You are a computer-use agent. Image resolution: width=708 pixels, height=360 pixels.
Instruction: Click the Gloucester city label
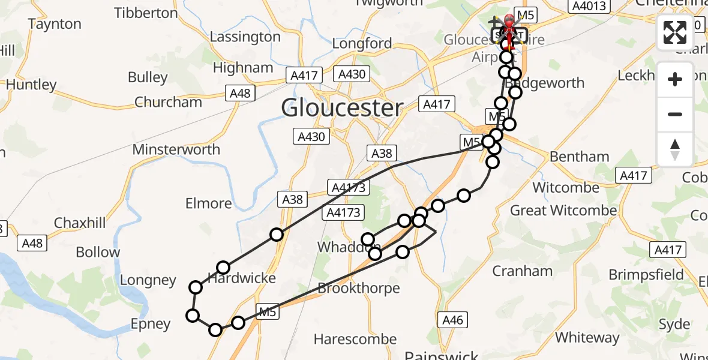click(x=342, y=108)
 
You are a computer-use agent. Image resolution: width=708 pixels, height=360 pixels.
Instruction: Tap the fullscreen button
click(x=675, y=32)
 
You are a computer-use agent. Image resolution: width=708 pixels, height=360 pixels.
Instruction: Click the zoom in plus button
click(x=675, y=79)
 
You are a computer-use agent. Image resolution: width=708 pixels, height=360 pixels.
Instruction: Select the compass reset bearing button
click(x=675, y=149)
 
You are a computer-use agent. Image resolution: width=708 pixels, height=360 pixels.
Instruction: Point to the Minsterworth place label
click(x=176, y=149)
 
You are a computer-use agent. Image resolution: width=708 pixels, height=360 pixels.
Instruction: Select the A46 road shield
click(x=452, y=320)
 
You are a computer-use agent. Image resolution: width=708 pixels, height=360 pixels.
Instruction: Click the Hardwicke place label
click(x=242, y=278)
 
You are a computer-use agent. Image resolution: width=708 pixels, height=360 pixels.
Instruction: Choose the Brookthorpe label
click(x=358, y=288)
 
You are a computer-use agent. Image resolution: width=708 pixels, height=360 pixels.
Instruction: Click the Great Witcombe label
click(x=563, y=211)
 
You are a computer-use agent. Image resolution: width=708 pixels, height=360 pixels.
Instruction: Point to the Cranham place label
click(x=522, y=271)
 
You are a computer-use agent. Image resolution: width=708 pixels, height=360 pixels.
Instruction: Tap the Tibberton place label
click(x=146, y=13)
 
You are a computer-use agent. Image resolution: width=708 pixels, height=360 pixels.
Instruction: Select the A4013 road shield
click(x=590, y=6)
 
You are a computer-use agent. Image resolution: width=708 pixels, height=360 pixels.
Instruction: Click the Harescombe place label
click(x=355, y=340)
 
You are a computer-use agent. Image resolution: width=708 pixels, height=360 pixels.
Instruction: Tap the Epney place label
click(x=151, y=325)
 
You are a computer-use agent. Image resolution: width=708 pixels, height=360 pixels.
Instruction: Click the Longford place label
click(x=362, y=43)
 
